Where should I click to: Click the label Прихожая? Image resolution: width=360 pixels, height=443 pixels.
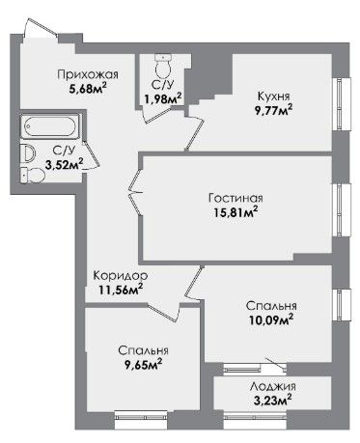88,75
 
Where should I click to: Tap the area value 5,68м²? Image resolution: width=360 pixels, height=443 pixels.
88,88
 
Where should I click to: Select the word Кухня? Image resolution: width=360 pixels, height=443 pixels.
274,97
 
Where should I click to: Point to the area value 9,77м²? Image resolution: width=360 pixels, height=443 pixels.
274,110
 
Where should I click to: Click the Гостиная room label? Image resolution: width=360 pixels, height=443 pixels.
235,198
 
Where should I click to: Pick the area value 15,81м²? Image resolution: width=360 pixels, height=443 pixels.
235,211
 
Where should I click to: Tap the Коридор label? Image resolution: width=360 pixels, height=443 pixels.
121,276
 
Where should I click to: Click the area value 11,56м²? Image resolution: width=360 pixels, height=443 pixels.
121,290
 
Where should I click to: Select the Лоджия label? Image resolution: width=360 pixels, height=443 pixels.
273,387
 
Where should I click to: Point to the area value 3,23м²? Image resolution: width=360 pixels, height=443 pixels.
273,401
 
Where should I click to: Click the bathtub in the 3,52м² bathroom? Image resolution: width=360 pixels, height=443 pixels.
50,126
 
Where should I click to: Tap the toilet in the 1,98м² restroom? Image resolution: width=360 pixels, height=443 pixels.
163,65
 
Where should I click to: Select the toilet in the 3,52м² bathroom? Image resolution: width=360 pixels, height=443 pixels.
33,176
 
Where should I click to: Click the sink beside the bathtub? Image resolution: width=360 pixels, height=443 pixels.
28,153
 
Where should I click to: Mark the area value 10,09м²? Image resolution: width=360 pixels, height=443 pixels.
271,319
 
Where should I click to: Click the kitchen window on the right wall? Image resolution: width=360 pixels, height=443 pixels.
342,104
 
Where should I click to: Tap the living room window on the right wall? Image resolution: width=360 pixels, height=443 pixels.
342,210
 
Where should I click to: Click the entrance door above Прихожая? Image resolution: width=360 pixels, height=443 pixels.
42,27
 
